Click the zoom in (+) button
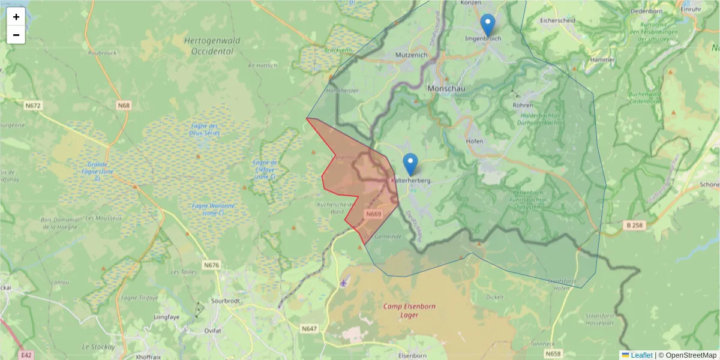point(16,17)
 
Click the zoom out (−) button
point(16,35)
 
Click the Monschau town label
point(446,88)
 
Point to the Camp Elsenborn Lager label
point(410,310)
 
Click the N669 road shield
point(374,214)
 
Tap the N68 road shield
point(124,106)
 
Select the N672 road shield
point(33,106)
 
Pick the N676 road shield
point(211,265)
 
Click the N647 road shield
point(310,328)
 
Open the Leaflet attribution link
point(641,355)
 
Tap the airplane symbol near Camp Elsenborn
point(344,282)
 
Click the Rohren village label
point(523,105)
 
